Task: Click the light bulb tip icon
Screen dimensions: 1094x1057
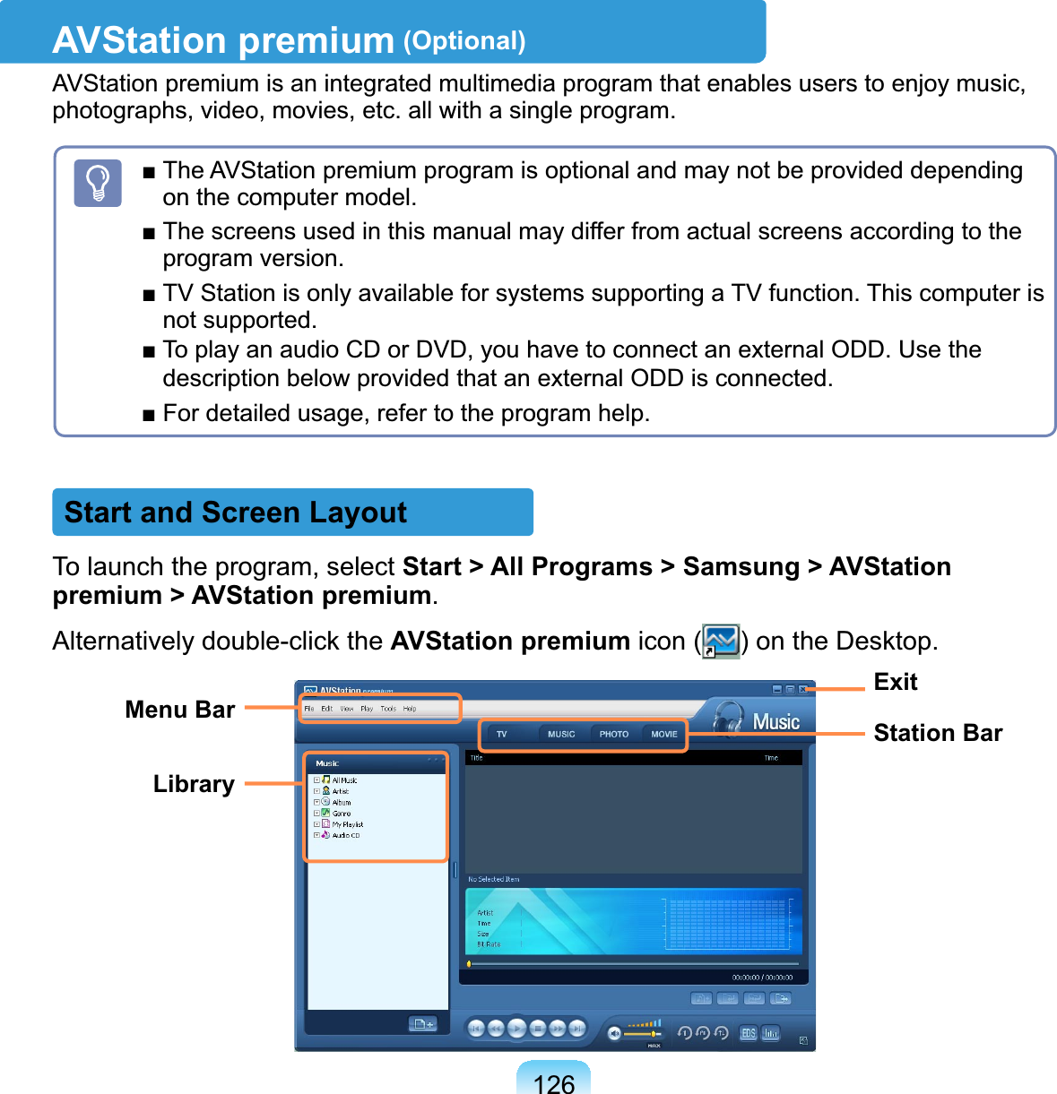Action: pyautogui.click(x=98, y=184)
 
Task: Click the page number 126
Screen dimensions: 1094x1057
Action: pyautogui.click(x=553, y=1083)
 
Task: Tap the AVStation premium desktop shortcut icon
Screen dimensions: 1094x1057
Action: pyautogui.click(x=721, y=642)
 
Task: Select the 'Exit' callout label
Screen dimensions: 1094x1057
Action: pyautogui.click(x=896, y=682)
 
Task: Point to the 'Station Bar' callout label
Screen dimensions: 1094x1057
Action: pyautogui.click(x=938, y=733)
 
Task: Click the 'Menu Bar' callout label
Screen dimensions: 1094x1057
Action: pyautogui.click(x=180, y=710)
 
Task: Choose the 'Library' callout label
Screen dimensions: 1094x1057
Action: pyautogui.click(x=194, y=784)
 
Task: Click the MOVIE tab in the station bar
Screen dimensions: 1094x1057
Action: pyautogui.click(x=663, y=734)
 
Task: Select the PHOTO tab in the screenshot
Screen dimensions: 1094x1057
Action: pyautogui.click(x=614, y=734)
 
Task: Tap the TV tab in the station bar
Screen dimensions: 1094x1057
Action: pyautogui.click(x=502, y=734)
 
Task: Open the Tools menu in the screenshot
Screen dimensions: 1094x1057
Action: pyautogui.click(x=388, y=709)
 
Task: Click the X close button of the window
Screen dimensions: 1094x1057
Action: pyautogui.click(x=804, y=689)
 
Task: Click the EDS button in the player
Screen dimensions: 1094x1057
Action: pyautogui.click(x=748, y=1033)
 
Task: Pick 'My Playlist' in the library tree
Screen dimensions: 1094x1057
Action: pyautogui.click(x=348, y=824)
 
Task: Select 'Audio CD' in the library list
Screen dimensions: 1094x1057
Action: pyautogui.click(x=346, y=835)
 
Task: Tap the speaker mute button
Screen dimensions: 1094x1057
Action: pyautogui.click(x=614, y=1033)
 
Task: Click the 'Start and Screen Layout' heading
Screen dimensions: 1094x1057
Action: pyautogui.click(x=236, y=513)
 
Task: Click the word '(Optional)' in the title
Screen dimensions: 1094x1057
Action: pyautogui.click(x=464, y=41)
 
